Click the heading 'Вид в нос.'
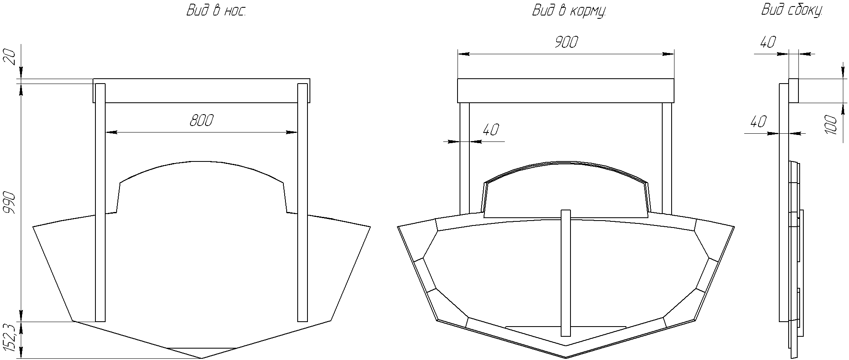[x=217, y=10]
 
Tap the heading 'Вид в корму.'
[x=569, y=11]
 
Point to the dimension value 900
[x=566, y=42]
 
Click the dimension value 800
[x=201, y=121]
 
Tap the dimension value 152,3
[x=9, y=338]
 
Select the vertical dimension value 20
[x=9, y=57]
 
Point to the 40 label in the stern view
[x=491, y=130]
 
